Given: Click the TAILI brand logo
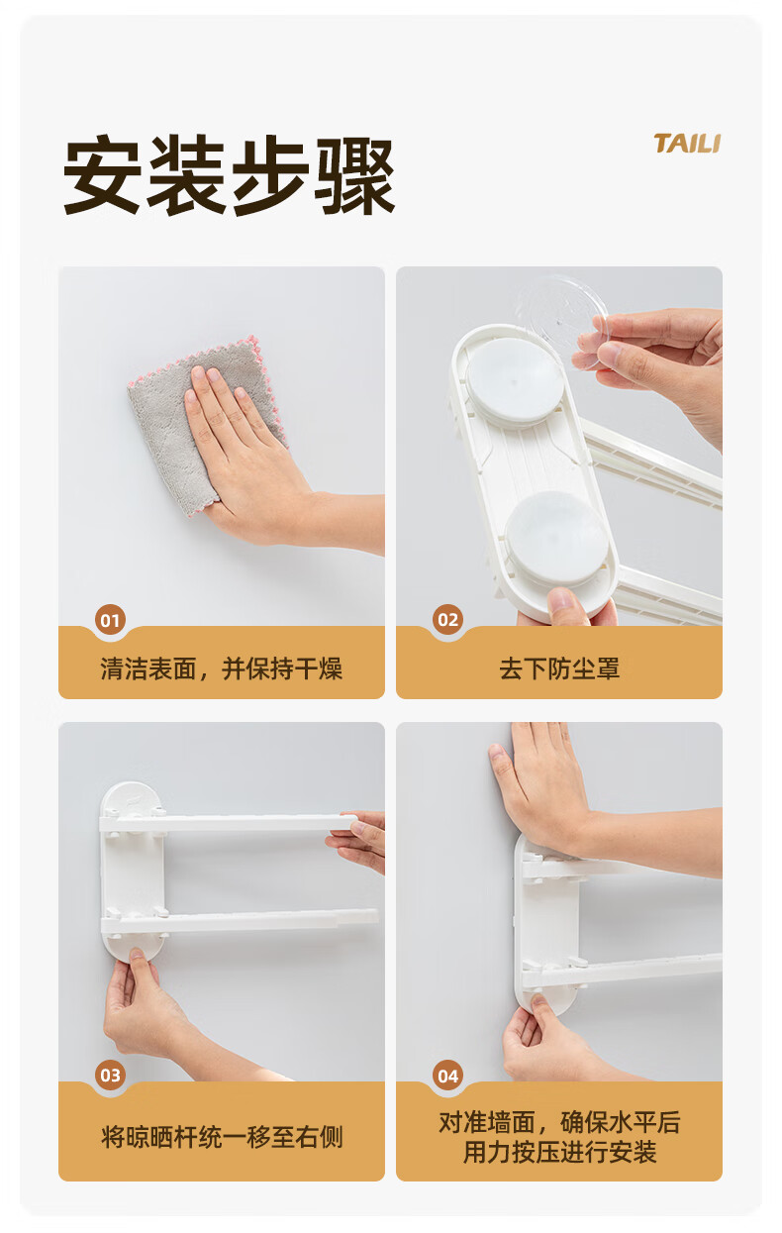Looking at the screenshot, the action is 687,144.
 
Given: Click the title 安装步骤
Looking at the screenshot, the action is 229,175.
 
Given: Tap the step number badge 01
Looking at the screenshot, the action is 110,620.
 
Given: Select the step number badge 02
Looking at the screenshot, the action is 447,620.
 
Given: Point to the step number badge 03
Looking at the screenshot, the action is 110,1075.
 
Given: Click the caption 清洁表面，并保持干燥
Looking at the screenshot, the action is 221,668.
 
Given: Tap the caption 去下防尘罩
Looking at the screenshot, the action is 559,668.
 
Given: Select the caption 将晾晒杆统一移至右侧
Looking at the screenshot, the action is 221,1137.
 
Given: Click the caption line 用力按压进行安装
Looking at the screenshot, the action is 559,1152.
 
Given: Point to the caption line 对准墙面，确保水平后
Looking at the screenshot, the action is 559,1122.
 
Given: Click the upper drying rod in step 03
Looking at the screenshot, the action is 229,823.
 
